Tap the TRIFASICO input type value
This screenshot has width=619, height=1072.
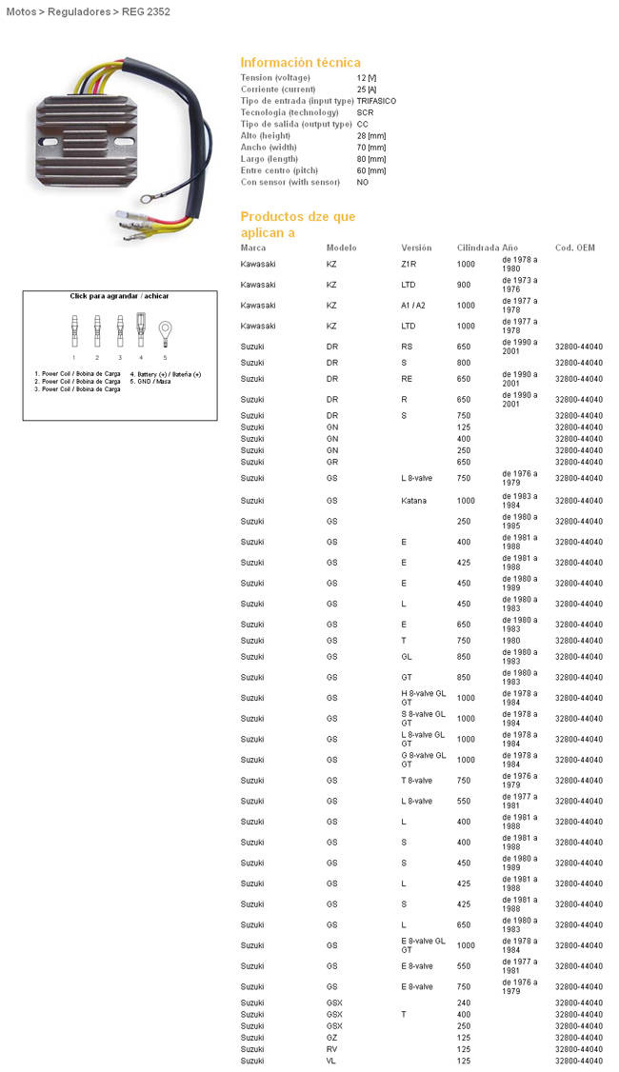click(376, 100)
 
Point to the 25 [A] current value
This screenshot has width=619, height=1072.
click(366, 89)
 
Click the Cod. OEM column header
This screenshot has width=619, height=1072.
click(574, 247)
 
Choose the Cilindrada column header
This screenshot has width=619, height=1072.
click(477, 247)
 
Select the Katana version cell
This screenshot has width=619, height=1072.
click(413, 501)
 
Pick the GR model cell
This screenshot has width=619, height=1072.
click(332, 462)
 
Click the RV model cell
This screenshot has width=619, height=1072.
click(332, 1049)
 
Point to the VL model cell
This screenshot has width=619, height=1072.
click(331, 1061)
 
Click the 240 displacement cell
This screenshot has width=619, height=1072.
click(464, 1003)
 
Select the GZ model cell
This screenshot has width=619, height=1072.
click(332, 1038)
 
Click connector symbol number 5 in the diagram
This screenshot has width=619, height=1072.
click(164, 331)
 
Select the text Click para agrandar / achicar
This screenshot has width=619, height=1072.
click(120, 296)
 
